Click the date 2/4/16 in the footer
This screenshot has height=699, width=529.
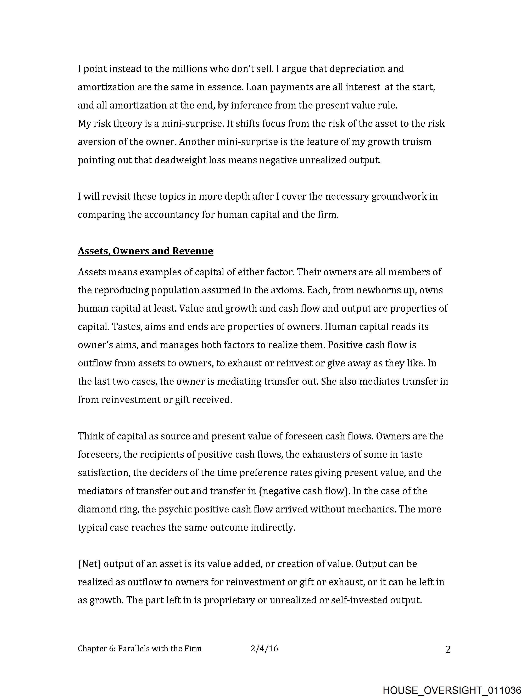[264, 649]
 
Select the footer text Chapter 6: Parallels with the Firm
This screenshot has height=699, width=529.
[140, 649]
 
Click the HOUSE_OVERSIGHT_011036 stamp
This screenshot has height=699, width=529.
[452, 690]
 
